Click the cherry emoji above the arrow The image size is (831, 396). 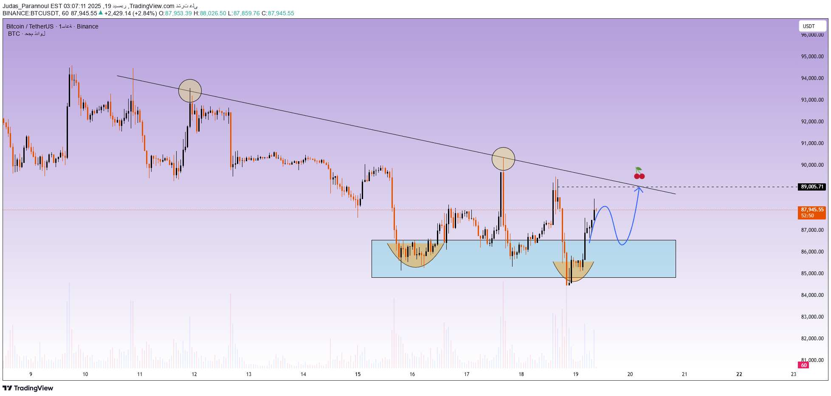click(639, 174)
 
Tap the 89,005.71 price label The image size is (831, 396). click(812, 187)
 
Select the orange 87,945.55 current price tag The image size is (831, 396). click(812, 210)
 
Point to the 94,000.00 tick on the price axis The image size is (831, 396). click(812, 78)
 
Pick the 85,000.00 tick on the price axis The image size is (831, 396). click(812, 273)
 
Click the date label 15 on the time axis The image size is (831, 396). click(358, 374)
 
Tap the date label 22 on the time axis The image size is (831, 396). click(739, 374)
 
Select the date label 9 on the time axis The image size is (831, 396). click(31, 374)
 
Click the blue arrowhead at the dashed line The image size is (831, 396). click(638, 189)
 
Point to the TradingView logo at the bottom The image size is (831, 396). click(28, 388)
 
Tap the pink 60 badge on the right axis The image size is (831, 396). click(803, 365)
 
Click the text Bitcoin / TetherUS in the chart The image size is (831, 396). click(30, 26)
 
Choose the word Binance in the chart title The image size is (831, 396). click(87, 26)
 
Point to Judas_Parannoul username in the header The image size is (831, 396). click(25, 6)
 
